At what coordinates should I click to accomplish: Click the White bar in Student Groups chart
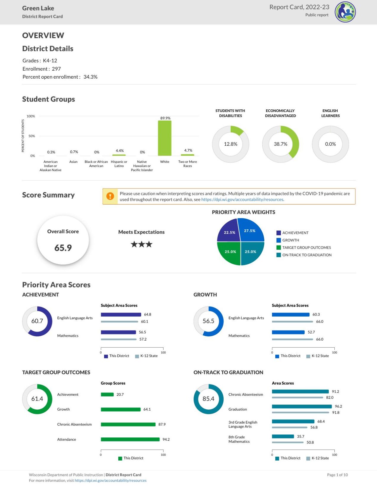tap(165, 138)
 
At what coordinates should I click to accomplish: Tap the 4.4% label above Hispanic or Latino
tap(120, 151)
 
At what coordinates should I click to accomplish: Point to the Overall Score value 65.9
tap(63, 248)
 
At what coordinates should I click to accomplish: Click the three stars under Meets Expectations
tap(141, 245)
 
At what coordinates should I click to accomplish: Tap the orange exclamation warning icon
tap(110, 196)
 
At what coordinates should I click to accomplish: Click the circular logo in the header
tap(345, 12)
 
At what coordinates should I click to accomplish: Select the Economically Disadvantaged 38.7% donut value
tap(280, 144)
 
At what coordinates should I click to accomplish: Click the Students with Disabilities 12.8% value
tap(231, 144)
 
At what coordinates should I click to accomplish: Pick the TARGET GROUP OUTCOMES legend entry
tap(306, 248)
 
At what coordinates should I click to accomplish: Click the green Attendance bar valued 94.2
tap(130, 439)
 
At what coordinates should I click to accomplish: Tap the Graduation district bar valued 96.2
tap(302, 407)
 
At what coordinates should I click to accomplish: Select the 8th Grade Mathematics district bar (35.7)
tap(283, 436)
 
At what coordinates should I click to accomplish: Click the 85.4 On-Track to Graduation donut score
tap(208, 399)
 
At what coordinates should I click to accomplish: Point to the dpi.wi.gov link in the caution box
tap(242, 200)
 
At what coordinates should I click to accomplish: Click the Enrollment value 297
tap(56, 69)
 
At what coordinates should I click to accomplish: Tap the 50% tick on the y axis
tap(32, 136)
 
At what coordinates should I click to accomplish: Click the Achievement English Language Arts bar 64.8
tap(121, 315)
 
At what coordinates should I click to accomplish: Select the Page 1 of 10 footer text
tap(337, 475)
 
